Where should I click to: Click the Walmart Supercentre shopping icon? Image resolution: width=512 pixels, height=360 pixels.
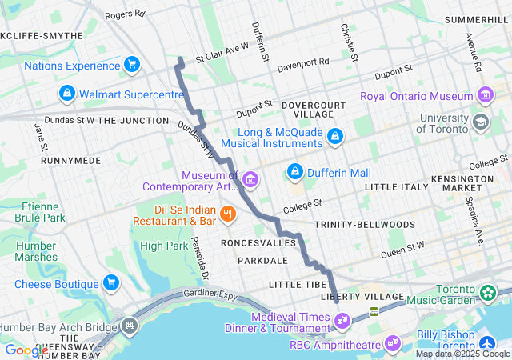coord(67,94)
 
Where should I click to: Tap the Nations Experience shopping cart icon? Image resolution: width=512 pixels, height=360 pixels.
coord(132,64)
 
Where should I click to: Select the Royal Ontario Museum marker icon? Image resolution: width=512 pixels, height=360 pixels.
coord(485,96)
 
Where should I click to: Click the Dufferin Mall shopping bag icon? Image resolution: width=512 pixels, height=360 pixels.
coord(295,172)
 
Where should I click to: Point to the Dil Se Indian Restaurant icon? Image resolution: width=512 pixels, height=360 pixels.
coord(228,213)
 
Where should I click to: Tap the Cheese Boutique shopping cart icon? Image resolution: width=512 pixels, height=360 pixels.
coord(110,283)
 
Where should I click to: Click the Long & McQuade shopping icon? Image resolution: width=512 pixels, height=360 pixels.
coord(334,137)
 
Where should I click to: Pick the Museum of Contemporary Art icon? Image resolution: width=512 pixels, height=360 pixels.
coord(251,178)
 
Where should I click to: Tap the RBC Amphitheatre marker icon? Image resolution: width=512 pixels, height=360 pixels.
coord(393,342)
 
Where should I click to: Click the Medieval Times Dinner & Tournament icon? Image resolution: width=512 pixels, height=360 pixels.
coord(343,322)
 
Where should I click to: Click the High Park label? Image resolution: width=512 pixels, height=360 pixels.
coord(163,246)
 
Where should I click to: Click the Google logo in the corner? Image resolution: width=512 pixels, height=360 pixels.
coord(26,350)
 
